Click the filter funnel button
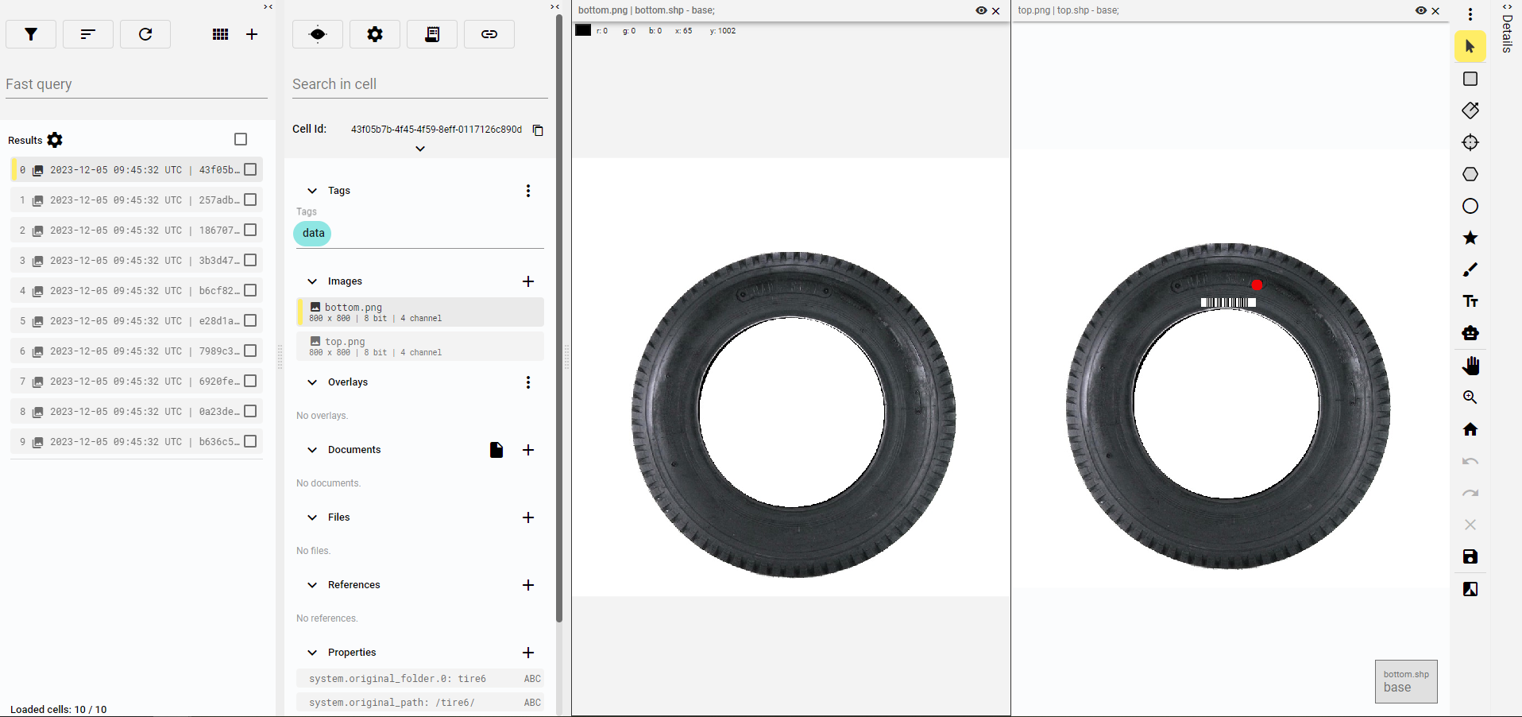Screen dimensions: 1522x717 point(31,34)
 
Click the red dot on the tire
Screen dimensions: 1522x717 point(1257,285)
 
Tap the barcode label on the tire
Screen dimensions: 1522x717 point(1228,302)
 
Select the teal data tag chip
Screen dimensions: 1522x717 point(313,233)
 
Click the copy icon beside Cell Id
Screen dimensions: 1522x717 point(538,130)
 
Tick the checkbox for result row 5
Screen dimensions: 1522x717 point(250,320)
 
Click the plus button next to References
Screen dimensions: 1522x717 point(528,585)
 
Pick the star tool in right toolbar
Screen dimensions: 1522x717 point(1470,238)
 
